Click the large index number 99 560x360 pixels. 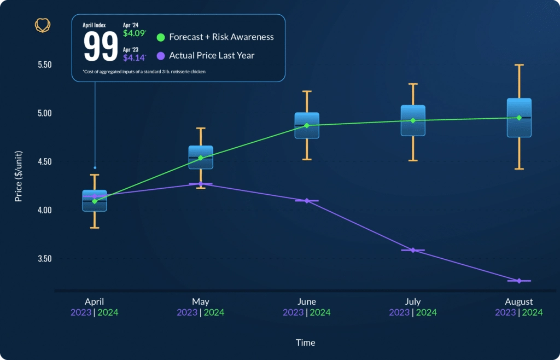101,47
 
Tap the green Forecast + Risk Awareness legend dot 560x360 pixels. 161,38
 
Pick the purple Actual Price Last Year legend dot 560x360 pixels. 161,55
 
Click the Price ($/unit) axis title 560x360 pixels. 19,175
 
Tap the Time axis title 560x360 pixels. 305,342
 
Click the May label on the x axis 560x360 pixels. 200,302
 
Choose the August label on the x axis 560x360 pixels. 519,302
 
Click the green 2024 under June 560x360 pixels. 320,312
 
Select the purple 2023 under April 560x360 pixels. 81,312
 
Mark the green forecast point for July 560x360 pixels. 413,120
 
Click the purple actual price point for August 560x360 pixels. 519,281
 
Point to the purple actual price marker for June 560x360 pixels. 307,201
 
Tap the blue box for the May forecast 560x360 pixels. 201,157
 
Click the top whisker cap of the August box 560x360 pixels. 519,65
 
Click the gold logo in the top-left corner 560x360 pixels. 43,25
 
